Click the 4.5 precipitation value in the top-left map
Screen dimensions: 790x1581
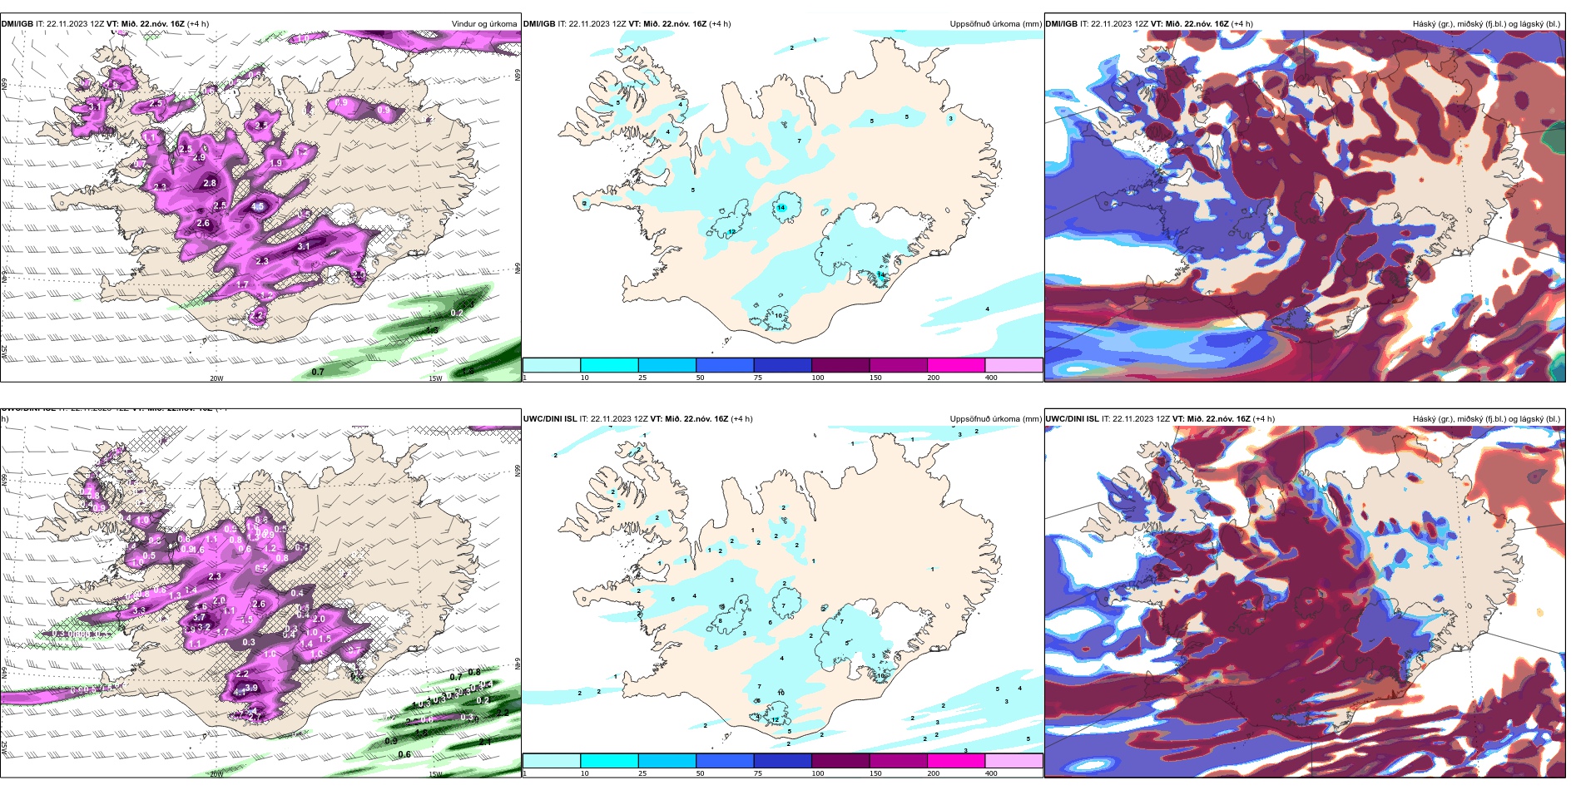click(258, 206)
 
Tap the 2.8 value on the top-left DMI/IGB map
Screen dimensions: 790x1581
click(210, 183)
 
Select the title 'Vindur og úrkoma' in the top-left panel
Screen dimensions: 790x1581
click(483, 24)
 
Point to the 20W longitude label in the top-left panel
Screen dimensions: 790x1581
click(216, 378)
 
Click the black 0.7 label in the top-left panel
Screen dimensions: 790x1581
click(318, 372)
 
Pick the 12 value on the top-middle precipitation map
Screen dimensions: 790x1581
click(731, 231)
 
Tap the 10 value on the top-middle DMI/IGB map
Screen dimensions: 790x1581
click(779, 315)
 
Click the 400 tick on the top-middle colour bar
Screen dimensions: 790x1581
click(991, 378)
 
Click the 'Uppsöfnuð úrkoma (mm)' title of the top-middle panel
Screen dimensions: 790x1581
click(995, 24)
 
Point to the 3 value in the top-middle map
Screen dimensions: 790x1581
click(950, 118)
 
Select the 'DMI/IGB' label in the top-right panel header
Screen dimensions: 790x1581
click(1061, 24)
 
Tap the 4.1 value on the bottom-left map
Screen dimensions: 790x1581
click(240, 692)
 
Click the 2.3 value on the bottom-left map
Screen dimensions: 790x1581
click(215, 576)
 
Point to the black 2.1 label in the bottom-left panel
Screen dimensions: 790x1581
click(485, 741)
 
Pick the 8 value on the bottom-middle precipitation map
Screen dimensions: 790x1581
click(720, 620)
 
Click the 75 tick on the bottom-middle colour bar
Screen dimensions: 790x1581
click(758, 773)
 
